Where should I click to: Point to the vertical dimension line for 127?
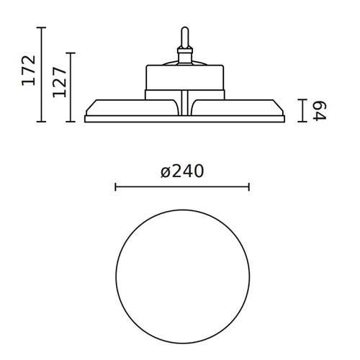click(71, 87)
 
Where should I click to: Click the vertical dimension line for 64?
click(302, 110)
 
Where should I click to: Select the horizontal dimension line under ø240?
click(182, 187)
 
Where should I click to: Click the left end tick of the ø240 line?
click(116, 187)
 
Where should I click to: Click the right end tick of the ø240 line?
click(248, 187)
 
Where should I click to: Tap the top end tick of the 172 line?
click(42, 27)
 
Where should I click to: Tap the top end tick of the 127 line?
click(71, 53)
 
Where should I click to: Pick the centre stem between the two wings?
click(184, 104)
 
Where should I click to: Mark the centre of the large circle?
click(182, 277)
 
